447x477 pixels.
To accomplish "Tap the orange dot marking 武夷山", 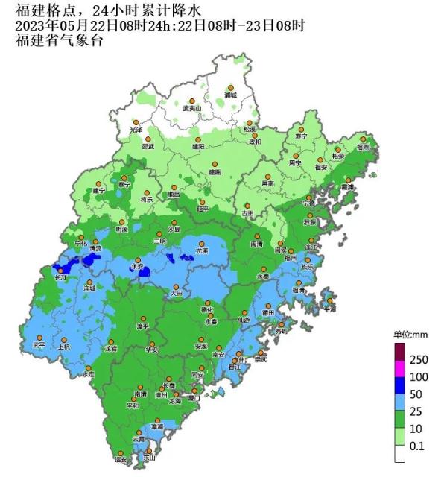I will click(192, 101).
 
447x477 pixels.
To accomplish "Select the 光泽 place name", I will click(136, 130).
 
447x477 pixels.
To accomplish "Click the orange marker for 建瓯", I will click(215, 164).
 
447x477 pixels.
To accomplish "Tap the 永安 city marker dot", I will click(136, 257).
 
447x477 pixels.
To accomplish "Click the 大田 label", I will click(177, 294).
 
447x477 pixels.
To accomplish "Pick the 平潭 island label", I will click(330, 308).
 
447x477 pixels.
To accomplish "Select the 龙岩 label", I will click(111, 348).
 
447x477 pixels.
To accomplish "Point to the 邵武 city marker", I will click(148, 139).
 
